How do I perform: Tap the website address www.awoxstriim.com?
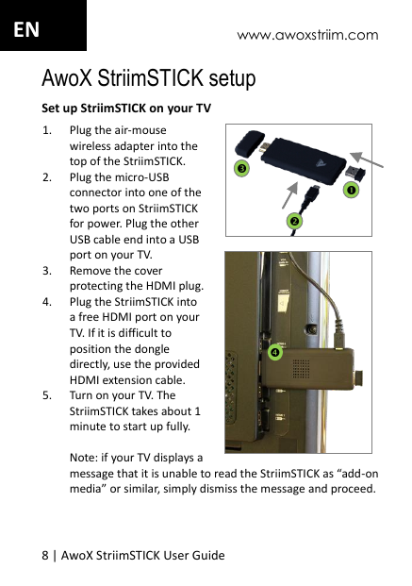[x=307, y=36]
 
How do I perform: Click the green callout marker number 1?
[x=350, y=191]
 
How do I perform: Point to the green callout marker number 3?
[x=241, y=169]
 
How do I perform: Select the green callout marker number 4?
[x=274, y=352]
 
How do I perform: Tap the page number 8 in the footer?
[x=44, y=554]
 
